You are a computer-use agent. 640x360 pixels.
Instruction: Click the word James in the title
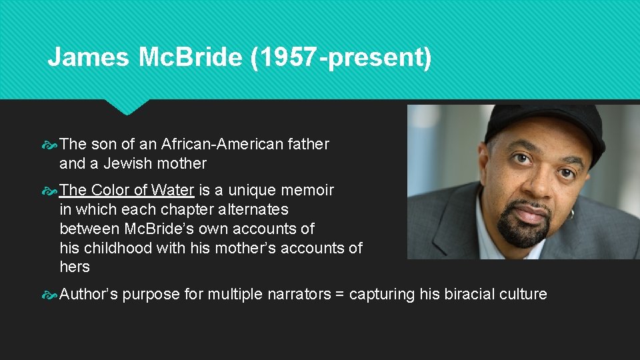click(x=87, y=57)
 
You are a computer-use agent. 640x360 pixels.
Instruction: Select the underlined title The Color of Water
click(x=127, y=190)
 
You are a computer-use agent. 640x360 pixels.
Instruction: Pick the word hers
click(x=75, y=267)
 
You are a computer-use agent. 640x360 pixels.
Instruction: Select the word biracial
click(x=473, y=294)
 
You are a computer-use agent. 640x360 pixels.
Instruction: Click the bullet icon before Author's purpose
click(x=50, y=294)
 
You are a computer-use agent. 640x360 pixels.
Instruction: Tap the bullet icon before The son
click(x=50, y=144)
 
